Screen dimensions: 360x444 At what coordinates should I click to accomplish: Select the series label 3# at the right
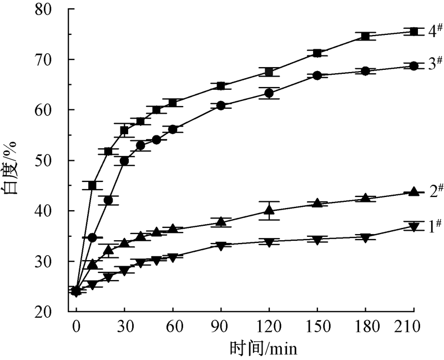[x=435, y=64]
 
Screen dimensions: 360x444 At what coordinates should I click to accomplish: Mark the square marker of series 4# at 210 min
[x=413, y=32]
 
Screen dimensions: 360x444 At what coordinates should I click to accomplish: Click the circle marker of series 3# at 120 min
[x=269, y=93]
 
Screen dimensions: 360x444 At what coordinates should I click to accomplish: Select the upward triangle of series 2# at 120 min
[x=269, y=210]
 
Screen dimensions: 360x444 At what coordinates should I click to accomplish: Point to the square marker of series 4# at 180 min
[x=365, y=36]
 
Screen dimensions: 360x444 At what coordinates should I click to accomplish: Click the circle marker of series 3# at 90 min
[x=221, y=105]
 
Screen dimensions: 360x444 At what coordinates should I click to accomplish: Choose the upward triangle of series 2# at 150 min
[x=317, y=203]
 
